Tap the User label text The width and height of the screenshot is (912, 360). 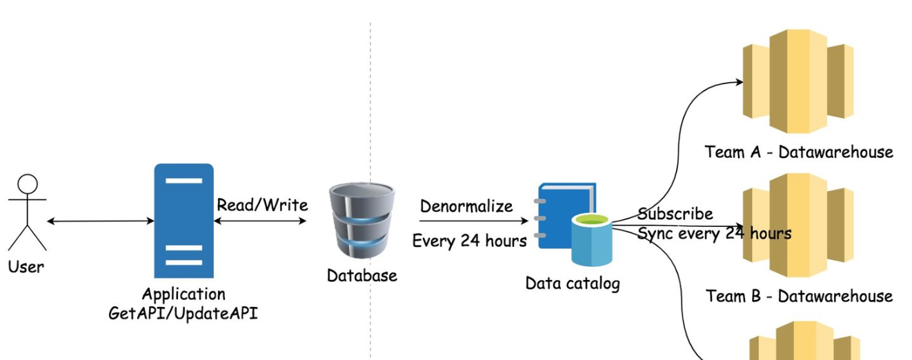tap(26, 266)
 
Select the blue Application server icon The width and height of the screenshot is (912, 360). tap(184, 220)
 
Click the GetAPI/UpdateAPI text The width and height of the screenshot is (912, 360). tap(183, 313)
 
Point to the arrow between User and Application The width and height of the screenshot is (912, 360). tap(101, 221)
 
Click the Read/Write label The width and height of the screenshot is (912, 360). tap(262, 205)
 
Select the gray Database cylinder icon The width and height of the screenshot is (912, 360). tap(361, 220)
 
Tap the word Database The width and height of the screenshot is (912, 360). tap(361, 275)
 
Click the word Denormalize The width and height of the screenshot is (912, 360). tap(466, 206)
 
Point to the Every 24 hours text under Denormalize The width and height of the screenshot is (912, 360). tap(469, 241)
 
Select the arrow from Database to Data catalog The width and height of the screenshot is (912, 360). tap(473, 221)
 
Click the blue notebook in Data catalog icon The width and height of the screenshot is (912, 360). tap(566, 207)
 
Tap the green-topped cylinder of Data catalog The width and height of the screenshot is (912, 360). tap(591, 240)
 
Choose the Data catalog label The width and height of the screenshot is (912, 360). tap(573, 283)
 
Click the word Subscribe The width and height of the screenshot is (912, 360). tap(675, 214)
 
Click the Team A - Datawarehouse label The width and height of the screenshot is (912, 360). tap(799, 152)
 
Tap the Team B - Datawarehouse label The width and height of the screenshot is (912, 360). tap(799, 296)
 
